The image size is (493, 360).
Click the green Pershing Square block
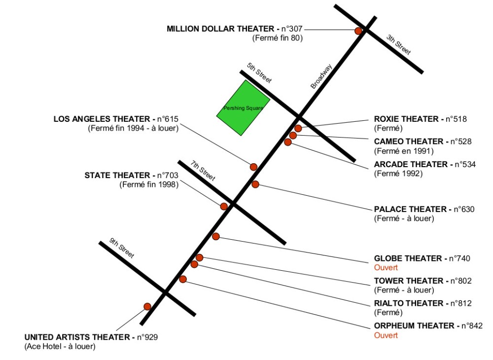pyautogui.click(x=243, y=108)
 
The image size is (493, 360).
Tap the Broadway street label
pyautogui.click(x=321, y=77)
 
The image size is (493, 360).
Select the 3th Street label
pyautogui.click(x=398, y=44)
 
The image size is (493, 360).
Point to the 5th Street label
pyautogui.click(x=259, y=73)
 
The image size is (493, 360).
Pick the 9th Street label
pyautogui.click(x=122, y=248)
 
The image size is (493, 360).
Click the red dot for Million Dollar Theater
pyautogui.click(x=358, y=31)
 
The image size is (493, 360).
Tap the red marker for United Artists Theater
pyautogui.click(x=147, y=306)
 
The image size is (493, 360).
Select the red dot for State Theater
pyautogui.click(x=224, y=206)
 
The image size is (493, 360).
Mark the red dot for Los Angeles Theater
pyautogui.click(x=253, y=167)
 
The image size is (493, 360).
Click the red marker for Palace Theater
pyautogui.click(x=255, y=184)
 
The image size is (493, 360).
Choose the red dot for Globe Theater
pyautogui.click(x=215, y=236)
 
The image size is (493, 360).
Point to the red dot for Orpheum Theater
pyautogui.click(x=183, y=279)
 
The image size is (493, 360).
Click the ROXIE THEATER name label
pyautogui.click(x=406, y=119)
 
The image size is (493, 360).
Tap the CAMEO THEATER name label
pyautogui.click(x=409, y=142)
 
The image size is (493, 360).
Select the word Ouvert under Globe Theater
pyautogui.click(x=386, y=268)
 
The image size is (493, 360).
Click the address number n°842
pyautogui.click(x=471, y=325)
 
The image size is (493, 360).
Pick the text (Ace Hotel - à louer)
pyautogui.click(x=60, y=347)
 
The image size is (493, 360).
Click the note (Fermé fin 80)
pyautogui.click(x=277, y=37)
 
